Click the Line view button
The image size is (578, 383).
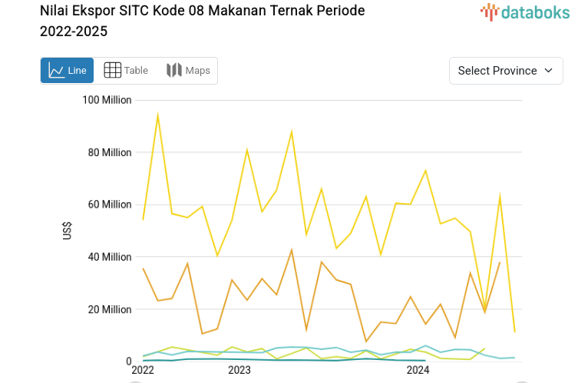coord(68,71)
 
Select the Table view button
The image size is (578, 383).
coord(126,71)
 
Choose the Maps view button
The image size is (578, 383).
coord(188,71)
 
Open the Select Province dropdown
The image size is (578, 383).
coord(506,71)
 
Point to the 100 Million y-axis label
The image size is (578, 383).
coord(107,100)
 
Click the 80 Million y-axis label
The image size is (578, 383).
coord(109,152)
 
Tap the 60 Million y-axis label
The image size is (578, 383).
coord(109,205)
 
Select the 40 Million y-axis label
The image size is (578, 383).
coord(109,257)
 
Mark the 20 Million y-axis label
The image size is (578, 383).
coord(109,309)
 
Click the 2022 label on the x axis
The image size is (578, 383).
coord(143,370)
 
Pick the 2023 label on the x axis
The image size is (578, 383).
coord(239,370)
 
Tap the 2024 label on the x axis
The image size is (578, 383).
coord(418,370)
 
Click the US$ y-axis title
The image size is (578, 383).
coord(68,231)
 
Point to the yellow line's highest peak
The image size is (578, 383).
coord(157,115)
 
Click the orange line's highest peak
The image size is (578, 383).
coord(292,249)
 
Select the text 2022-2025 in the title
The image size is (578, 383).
coord(74,32)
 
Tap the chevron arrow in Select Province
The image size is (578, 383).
coord(548,71)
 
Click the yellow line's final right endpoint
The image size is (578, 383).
coord(514,332)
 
